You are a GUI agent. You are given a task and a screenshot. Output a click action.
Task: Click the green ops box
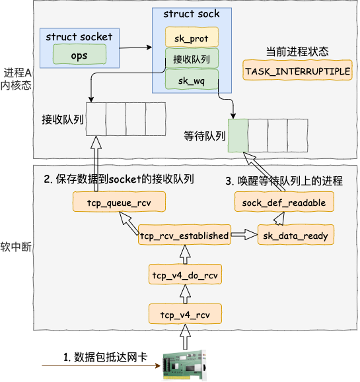(x=79, y=54)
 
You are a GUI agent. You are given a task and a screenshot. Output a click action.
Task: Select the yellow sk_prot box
(x=192, y=37)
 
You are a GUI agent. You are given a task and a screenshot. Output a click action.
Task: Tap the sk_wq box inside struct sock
(x=192, y=79)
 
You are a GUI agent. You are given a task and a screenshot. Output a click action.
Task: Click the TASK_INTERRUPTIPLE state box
(x=297, y=70)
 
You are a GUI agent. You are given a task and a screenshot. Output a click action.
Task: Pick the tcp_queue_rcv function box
(x=119, y=201)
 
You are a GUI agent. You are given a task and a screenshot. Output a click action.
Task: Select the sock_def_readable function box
(x=284, y=201)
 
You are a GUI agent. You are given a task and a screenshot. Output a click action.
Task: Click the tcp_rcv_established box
(x=184, y=235)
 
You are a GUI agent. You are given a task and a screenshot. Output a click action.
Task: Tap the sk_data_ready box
(x=296, y=235)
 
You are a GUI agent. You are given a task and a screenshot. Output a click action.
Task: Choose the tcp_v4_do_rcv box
(x=185, y=274)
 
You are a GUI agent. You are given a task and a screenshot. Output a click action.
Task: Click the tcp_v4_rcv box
(x=185, y=314)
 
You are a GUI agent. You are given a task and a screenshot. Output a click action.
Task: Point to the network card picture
(x=185, y=365)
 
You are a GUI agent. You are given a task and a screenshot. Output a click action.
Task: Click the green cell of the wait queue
(x=238, y=136)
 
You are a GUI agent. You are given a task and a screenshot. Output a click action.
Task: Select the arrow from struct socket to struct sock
(x=135, y=48)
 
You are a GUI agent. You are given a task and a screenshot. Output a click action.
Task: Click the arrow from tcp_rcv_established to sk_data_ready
(x=244, y=235)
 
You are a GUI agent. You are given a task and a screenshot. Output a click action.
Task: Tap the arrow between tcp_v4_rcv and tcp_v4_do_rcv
(x=185, y=294)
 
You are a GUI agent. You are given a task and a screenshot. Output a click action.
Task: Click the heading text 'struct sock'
(x=192, y=14)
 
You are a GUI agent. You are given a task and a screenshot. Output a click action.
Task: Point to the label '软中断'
(x=16, y=247)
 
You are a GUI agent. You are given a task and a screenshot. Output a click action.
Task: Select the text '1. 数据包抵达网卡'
(x=106, y=357)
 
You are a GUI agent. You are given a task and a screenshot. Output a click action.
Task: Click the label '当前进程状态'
(x=297, y=51)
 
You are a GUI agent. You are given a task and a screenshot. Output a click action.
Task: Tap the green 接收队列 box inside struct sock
(x=192, y=58)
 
